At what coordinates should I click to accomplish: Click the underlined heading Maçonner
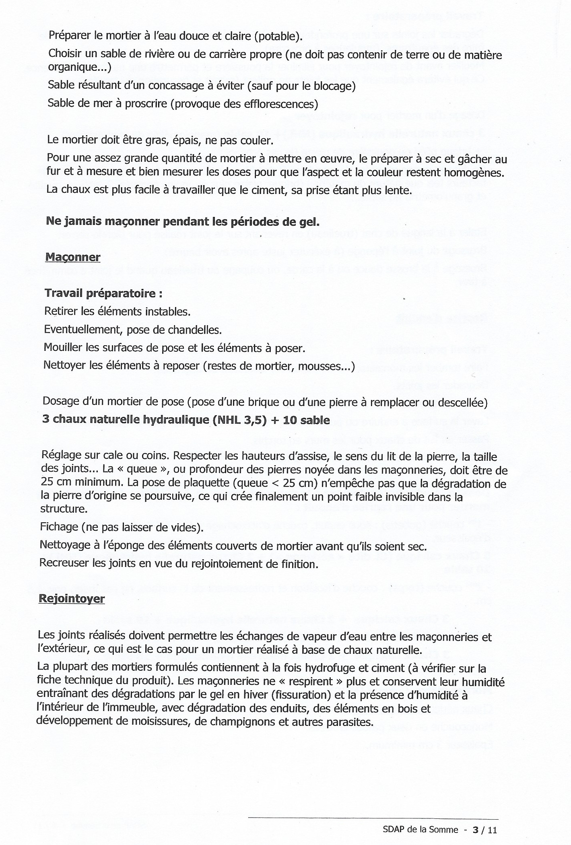pos(73,257)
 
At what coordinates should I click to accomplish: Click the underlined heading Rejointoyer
pos(72,599)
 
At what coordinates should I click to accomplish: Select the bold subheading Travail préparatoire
pos(103,293)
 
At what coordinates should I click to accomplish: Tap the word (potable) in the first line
pos(278,36)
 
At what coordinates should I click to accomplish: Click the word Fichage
pos(59,527)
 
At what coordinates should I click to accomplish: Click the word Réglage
pos(61,457)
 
